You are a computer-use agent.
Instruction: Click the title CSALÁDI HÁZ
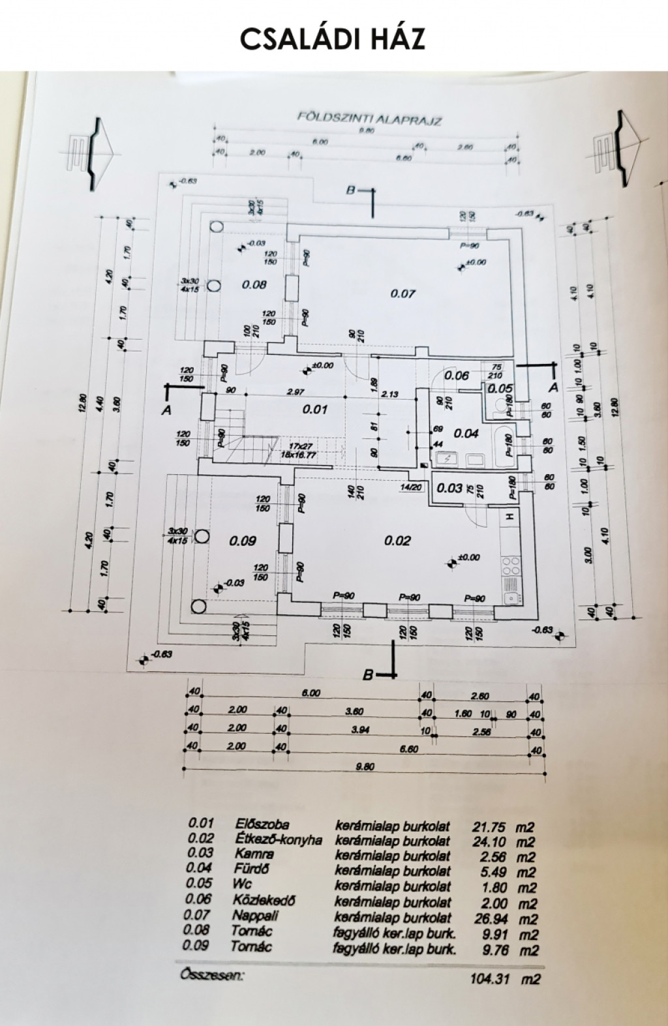(x=333, y=38)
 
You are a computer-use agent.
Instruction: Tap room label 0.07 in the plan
(x=402, y=294)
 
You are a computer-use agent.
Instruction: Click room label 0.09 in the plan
(x=243, y=540)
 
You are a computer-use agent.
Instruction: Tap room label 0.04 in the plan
(x=466, y=433)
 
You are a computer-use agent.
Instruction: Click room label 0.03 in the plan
(x=449, y=488)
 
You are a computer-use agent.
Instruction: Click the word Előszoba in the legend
(x=262, y=824)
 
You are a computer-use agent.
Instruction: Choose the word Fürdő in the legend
(x=250, y=869)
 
